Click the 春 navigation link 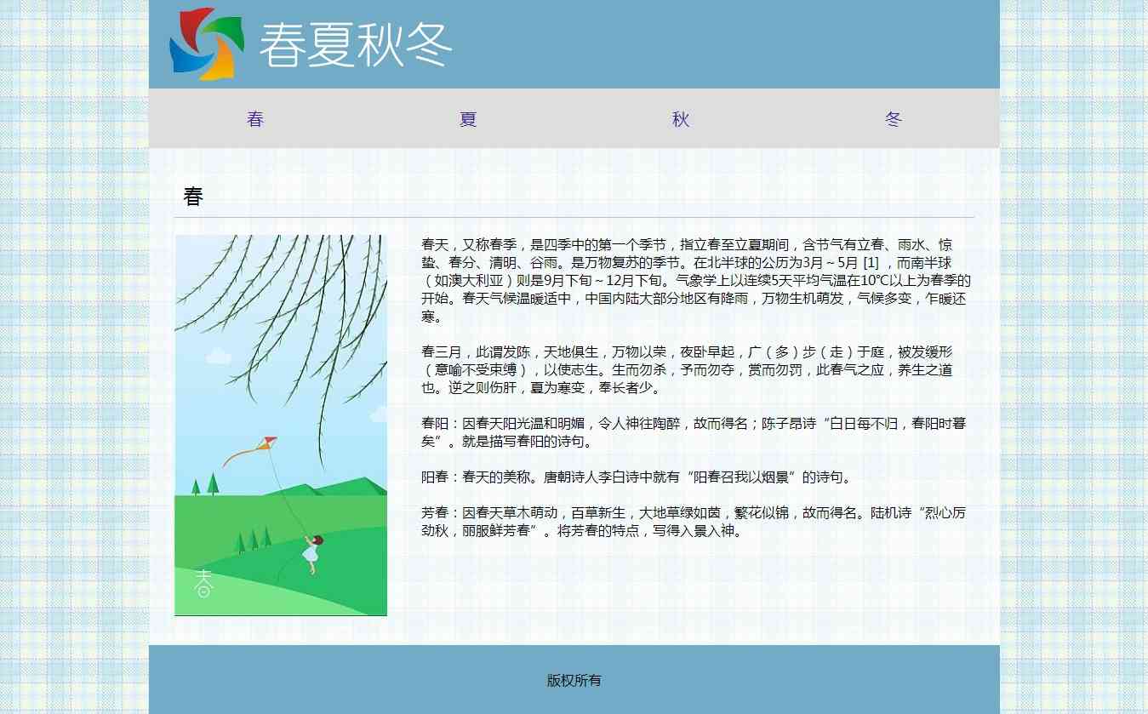coord(255,119)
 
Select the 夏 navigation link coord(468,119)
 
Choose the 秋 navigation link coord(681,119)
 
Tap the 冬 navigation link coord(894,119)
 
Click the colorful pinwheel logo coord(207,44)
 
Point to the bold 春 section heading coord(193,197)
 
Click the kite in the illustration coord(266,443)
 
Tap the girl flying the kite coord(312,553)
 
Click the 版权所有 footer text coord(574,680)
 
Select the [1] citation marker coord(871,263)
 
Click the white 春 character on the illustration coord(203,583)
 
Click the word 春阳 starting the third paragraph coord(435,423)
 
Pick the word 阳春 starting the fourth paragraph coord(435,477)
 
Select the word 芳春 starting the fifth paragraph coord(435,512)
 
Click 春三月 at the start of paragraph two coord(442,352)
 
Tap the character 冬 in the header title coord(429,45)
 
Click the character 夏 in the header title coord(330,45)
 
